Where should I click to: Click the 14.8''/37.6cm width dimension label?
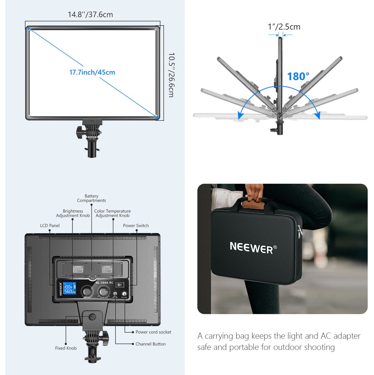tap(90, 14)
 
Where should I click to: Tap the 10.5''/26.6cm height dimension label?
tap(171, 75)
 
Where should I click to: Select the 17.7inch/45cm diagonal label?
tap(92, 72)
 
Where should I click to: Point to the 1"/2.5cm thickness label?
tap(284, 27)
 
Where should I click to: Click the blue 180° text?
tap(298, 77)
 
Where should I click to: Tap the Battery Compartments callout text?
tap(91, 198)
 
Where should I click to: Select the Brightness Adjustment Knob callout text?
tap(73, 213)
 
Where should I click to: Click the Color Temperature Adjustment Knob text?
tap(112, 213)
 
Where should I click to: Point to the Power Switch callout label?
tap(136, 226)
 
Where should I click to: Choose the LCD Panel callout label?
tap(50, 226)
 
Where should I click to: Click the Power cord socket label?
tap(153, 332)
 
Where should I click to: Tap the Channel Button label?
tap(150, 344)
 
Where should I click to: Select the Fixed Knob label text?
tap(66, 348)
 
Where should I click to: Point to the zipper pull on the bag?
tap(300, 232)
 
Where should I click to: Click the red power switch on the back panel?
tap(119, 285)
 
